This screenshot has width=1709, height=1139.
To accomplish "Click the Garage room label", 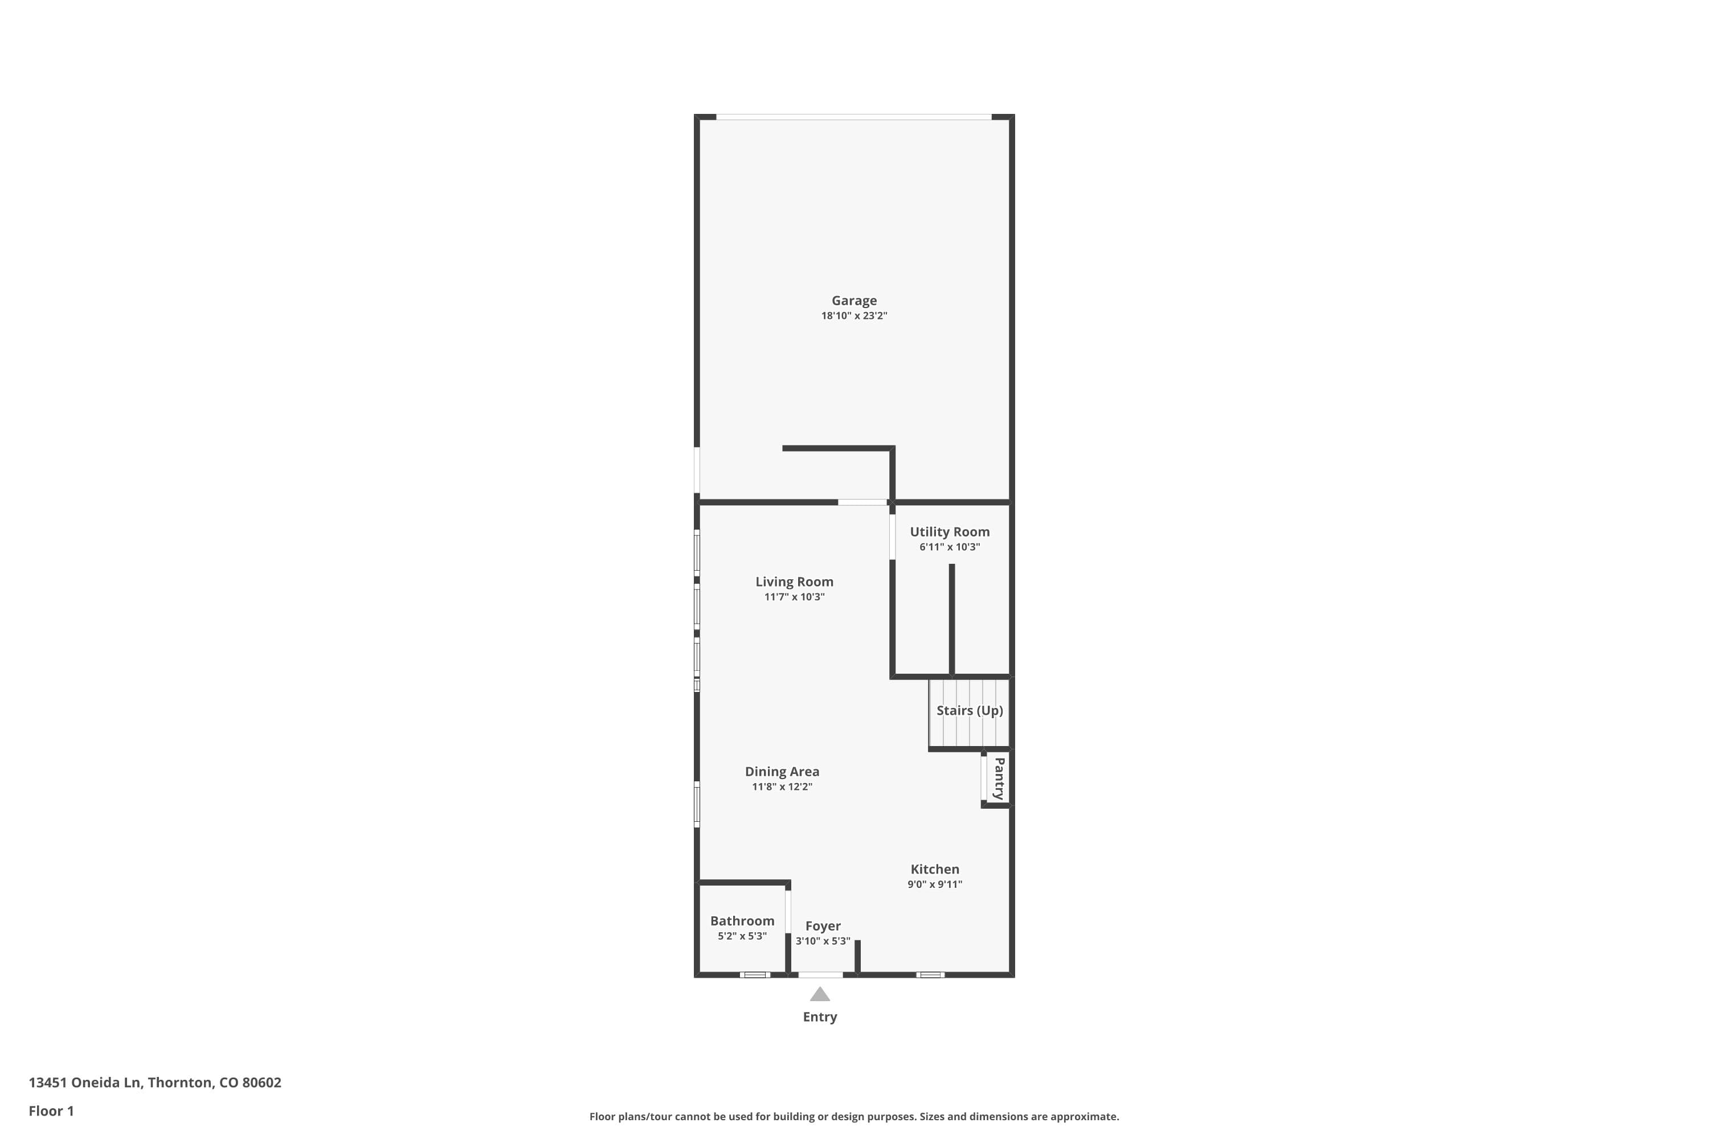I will tap(854, 301).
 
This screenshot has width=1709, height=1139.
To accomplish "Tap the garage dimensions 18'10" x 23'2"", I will tap(854, 316).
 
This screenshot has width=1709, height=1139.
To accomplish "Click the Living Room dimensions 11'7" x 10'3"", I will tap(794, 597).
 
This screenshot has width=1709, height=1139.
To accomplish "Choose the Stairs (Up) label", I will tap(970, 710).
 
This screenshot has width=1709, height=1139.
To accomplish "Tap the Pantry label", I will tap(999, 779).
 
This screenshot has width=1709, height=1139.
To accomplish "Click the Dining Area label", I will tap(782, 772).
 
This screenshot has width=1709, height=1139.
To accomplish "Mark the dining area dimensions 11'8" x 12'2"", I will tap(782, 786).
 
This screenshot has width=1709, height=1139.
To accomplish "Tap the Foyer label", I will tap(823, 926).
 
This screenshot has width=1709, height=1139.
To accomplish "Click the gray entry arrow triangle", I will tap(820, 994).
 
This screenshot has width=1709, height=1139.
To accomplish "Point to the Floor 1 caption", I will tap(51, 1111).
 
